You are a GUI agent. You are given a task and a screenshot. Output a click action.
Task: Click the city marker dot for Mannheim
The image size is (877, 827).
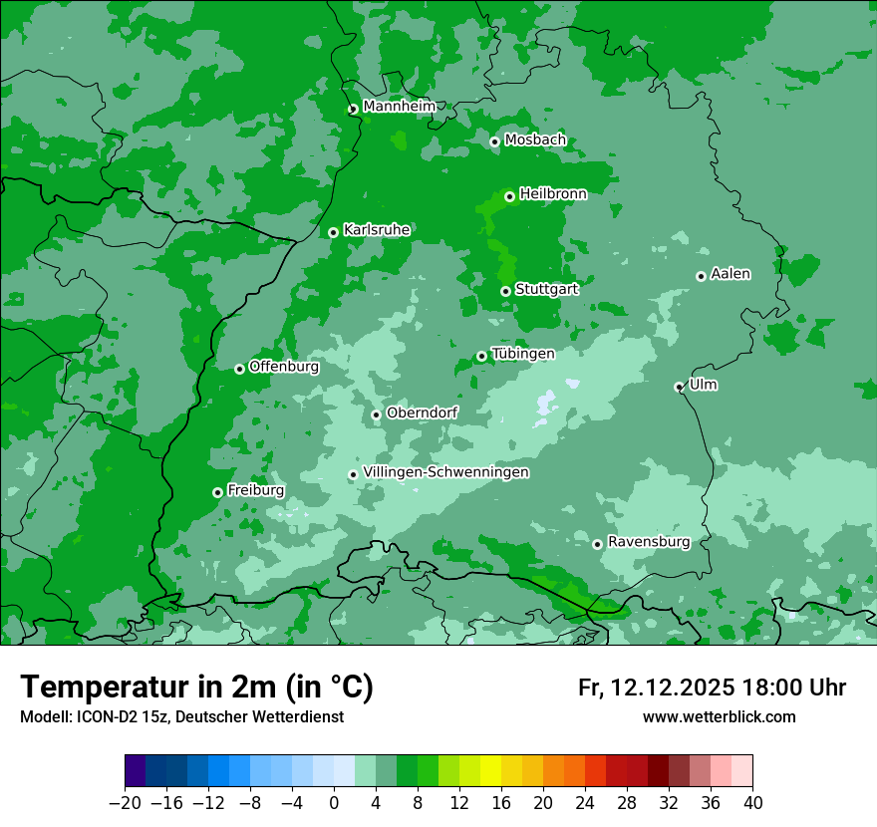(353, 110)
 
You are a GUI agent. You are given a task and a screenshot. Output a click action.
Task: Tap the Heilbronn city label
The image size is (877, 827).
(553, 193)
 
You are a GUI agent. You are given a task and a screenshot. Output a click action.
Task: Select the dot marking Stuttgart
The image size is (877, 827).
(506, 291)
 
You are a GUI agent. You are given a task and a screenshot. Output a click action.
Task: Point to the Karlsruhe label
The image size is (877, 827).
(377, 229)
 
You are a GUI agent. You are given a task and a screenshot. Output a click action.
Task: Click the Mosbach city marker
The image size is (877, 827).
(494, 141)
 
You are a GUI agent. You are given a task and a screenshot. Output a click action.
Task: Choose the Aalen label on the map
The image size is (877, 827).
(731, 273)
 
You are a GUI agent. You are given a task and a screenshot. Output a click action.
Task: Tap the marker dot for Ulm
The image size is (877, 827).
(680, 387)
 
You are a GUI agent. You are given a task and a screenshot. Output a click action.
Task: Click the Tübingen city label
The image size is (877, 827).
(523, 353)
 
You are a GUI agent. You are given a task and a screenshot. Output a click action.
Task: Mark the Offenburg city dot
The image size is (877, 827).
(239, 369)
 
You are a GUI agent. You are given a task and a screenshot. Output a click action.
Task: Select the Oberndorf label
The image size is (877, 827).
(423, 412)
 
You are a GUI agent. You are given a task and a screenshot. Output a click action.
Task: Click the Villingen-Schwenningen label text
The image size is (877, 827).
(445, 471)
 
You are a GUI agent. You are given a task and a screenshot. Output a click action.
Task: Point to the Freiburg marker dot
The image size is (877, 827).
(217, 492)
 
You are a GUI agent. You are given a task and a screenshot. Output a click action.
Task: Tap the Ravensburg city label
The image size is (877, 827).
(649, 541)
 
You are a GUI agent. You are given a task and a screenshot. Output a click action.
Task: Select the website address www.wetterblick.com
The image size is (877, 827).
(720, 716)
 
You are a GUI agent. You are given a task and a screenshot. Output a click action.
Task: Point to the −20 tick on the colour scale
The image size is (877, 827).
(125, 803)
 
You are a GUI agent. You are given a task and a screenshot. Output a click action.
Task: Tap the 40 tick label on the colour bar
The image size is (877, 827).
(752, 803)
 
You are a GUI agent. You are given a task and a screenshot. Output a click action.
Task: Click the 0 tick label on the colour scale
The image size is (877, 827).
(334, 803)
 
